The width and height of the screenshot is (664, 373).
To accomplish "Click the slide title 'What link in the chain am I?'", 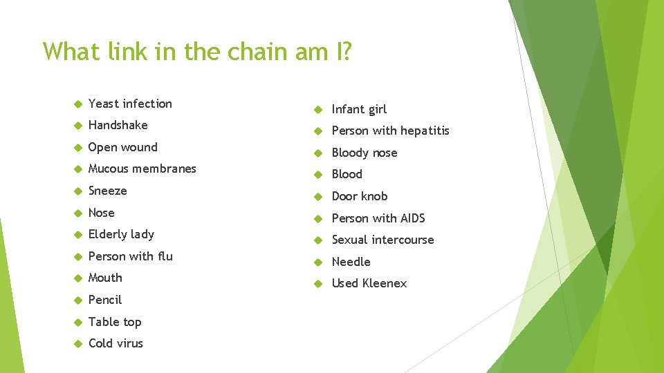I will click(x=197, y=51).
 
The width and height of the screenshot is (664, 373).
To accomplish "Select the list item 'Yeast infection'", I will click(x=130, y=104).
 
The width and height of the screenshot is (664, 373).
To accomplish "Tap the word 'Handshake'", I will click(x=118, y=125).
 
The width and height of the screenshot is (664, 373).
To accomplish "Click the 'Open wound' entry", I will click(x=122, y=147).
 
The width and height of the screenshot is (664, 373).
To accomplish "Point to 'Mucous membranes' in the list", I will click(x=142, y=169).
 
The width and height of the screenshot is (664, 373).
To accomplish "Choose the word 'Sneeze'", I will click(x=107, y=191).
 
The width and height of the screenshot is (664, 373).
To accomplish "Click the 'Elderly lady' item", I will click(x=121, y=234).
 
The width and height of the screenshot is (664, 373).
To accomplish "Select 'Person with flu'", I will click(x=130, y=256).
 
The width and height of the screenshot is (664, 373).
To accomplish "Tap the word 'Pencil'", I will click(x=104, y=300).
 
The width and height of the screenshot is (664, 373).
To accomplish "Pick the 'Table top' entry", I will click(x=114, y=322).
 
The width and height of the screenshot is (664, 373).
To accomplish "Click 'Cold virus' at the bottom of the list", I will click(x=116, y=343).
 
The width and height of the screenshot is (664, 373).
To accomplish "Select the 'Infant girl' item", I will click(x=359, y=109).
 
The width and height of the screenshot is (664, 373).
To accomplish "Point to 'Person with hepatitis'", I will click(x=390, y=131).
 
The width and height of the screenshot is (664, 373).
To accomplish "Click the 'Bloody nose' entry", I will click(x=365, y=153).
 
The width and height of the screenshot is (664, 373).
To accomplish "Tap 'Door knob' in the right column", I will click(x=360, y=196).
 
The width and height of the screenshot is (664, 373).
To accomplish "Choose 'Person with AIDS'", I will click(x=378, y=218).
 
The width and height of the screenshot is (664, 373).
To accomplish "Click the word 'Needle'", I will click(x=351, y=262).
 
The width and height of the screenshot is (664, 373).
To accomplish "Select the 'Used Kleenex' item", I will click(x=369, y=283).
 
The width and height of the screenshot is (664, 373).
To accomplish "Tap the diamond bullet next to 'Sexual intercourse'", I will click(x=320, y=240).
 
